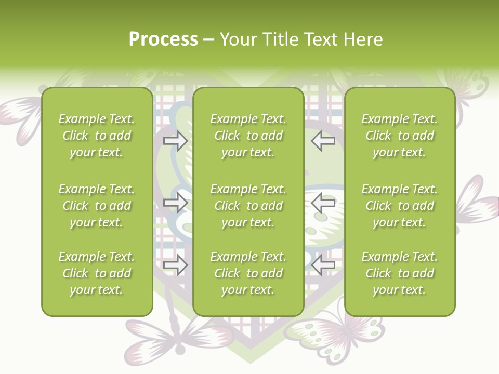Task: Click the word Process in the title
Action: coord(163,39)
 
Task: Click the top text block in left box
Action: coord(97,136)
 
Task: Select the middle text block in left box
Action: coord(97,206)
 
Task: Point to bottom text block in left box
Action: coord(97,273)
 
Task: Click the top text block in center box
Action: coord(248,136)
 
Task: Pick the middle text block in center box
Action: coord(248,206)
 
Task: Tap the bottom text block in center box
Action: coord(248,273)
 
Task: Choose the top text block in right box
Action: coord(399,136)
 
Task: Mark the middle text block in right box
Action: coord(399,206)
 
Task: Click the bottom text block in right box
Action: coord(399,273)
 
